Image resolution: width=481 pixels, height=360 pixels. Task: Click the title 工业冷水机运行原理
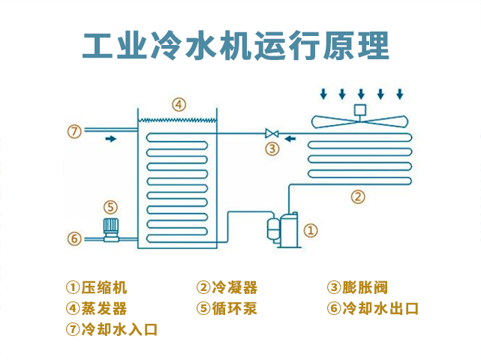tap(236, 46)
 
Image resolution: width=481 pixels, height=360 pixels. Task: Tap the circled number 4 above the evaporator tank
tap(178, 104)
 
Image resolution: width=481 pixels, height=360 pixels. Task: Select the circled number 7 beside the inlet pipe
tap(74, 132)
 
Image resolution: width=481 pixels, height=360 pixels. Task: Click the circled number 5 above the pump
tap(110, 206)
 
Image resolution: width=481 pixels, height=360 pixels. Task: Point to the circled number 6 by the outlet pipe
tap(74, 238)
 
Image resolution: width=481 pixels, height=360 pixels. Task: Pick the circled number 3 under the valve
tap(272, 148)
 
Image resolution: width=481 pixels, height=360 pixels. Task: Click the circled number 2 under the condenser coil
tap(358, 197)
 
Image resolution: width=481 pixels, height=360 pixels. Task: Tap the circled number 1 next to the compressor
tap(311, 230)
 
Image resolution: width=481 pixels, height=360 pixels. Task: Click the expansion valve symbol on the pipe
tap(272, 133)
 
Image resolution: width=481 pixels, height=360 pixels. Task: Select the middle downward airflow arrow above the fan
tap(361, 94)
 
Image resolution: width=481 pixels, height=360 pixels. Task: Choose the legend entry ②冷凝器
tap(227, 287)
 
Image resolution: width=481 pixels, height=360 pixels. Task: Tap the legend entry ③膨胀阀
tap(357, 287)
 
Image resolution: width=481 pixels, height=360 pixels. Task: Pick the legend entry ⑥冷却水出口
tap(372, 308)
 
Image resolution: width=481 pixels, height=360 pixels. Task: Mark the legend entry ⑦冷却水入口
tap(112, 329)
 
